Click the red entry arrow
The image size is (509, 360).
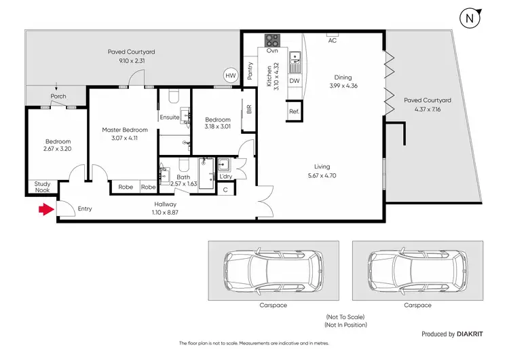click(x=45, y=210)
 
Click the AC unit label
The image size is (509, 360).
click(x=332, y=40)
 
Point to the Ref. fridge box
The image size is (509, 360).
click(x=294, y=111)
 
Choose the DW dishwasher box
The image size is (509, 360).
click(x=294, y=81)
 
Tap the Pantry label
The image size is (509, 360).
click(x=250, y=71)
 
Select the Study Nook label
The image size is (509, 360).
click(x=41, y=187)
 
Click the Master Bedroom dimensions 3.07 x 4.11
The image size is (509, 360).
click(x=124, y=139)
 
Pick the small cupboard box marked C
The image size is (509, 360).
click(x=225, y=190)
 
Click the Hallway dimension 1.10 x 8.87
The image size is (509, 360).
click(x=165, y=212)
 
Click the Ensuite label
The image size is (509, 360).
click(x=170, y=117)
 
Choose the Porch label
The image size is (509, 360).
click(x=58, y=96)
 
